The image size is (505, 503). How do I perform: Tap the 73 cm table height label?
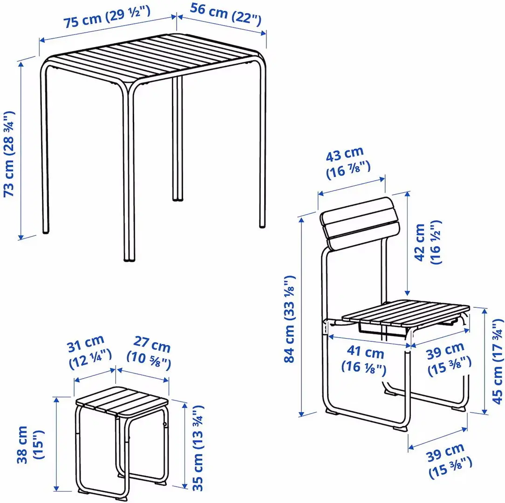pos(9,154)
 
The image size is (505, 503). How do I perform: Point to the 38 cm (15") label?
pos(28,444)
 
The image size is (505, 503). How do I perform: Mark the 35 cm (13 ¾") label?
pos(198,448)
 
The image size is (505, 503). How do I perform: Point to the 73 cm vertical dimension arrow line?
pos(21,149)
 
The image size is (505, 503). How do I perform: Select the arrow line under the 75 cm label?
pos(107,29)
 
